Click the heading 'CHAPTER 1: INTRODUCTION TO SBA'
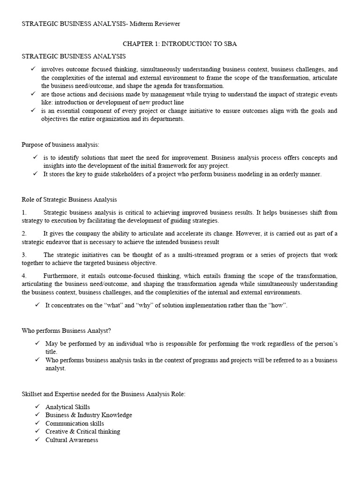tap(180, 44)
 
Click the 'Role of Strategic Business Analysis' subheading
tap(69, 200)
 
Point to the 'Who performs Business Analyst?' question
tap(66, 330)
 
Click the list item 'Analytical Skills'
tap(67, 407)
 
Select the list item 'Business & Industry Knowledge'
tap(89, 415)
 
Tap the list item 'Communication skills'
tap(75, 423)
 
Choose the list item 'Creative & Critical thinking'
tap(82, 432)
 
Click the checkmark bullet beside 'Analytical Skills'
tap(37, 407)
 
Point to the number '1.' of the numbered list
tap(24, 213)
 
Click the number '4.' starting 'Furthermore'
tap(24, 276)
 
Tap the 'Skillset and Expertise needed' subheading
tap(104, 394)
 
